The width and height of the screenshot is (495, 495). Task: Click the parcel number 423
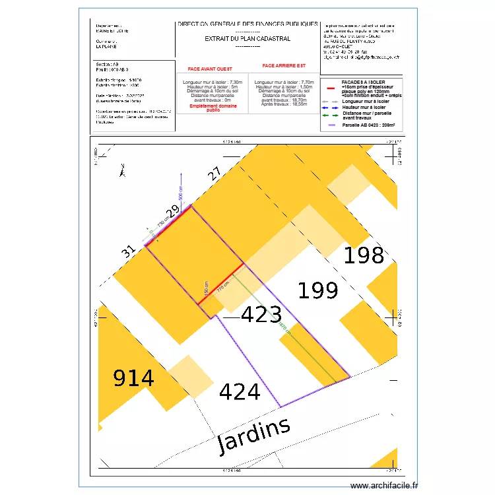click(x=261, y=315)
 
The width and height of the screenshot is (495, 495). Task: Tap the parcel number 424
click(x=240, y=392)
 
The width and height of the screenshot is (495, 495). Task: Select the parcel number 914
click(x=134, y=378)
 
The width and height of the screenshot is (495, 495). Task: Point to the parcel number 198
click(x=364, y=255)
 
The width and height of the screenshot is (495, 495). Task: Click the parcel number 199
click(x=318, y=290)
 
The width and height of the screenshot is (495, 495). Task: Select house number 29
click(x=172, y=212)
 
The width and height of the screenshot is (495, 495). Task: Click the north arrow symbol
click(x=121, y=171)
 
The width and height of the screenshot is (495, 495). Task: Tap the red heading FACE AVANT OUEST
click(x=211, y=69)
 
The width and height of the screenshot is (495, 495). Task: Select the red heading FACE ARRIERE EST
click(x=284, y=66)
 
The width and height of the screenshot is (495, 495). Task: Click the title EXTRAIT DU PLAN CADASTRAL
click(x=247, y=39)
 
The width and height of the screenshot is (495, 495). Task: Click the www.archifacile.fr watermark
click(x=385, y=485)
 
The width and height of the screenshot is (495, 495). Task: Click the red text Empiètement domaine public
click(x=213, y=108)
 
